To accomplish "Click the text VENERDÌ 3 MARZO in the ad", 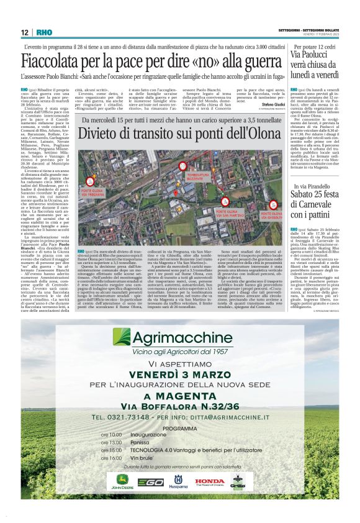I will click(x=178, y=376).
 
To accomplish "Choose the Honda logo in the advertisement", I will click(x=210, y=481).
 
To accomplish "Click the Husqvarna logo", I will click(x=179, y=481).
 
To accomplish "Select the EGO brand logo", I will click(x=151, y=481).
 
